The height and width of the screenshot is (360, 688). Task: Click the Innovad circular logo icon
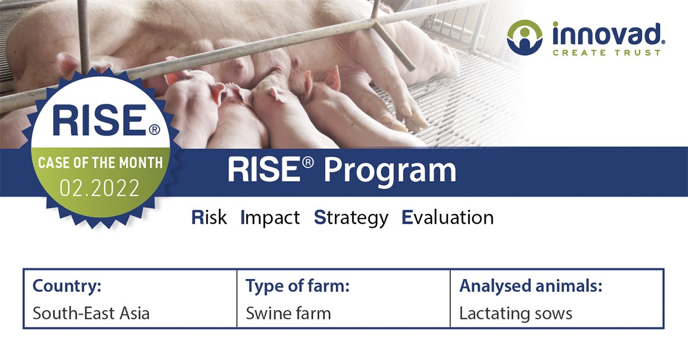tap(524, 38)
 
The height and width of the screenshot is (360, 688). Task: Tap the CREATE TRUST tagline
tap(606, 53)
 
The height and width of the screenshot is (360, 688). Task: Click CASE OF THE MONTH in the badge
tap(100, 162)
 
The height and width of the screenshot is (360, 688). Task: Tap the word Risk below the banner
tap(209, 218)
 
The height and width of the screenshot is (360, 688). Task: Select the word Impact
tap(270, 218)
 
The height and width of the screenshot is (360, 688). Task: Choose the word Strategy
tap(351, 218)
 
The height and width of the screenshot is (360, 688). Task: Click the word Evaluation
tap(447, 218)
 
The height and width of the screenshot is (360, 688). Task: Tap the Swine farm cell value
tap(288, 314)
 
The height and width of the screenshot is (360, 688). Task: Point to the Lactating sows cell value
tap(515, 314)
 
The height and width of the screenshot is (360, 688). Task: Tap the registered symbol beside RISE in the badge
tap(154, 130)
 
